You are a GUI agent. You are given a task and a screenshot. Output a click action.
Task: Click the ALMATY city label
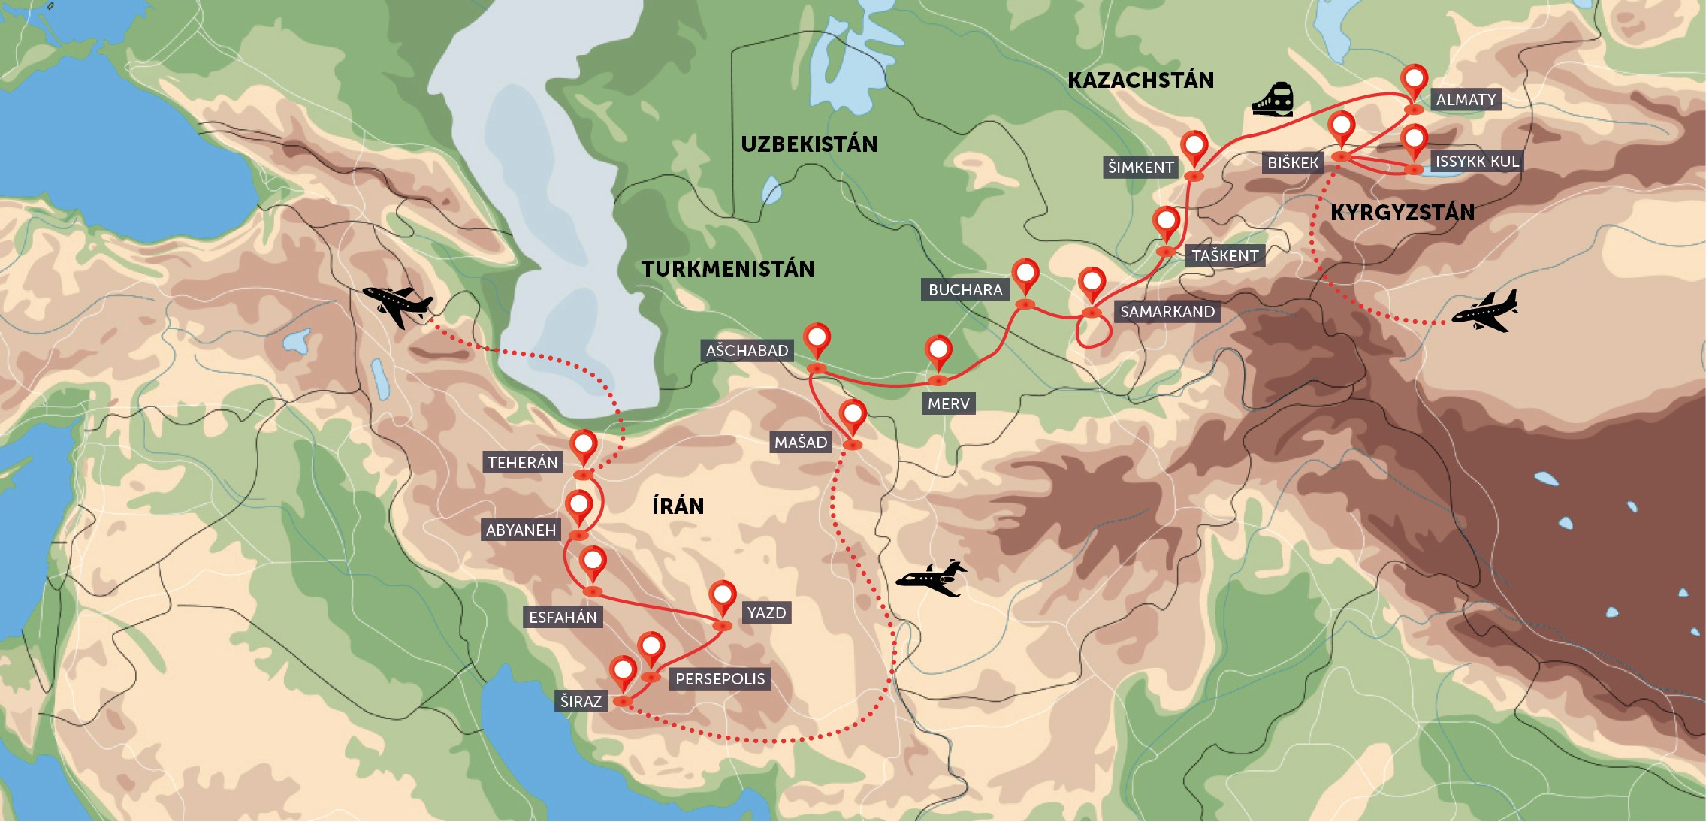tap(1465, 99)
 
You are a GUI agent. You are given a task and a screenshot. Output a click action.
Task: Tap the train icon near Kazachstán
tap(1273, 100)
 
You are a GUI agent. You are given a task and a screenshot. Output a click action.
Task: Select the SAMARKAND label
tap(1167, 311)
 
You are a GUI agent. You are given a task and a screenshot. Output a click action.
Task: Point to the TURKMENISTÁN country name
tap(727, 269)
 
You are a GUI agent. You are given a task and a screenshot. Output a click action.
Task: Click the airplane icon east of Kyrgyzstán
tap(1484, 311)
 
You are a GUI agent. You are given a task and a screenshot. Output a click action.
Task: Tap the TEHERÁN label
tap(522, 462)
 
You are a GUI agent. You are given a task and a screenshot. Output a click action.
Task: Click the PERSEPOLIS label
tap(720, 678)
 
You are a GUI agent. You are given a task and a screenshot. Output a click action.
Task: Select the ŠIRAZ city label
tap(581, 701)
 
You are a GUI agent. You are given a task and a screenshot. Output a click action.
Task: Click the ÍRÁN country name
tap(678, 506)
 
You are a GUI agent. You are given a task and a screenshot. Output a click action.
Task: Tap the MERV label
tap(948, 403)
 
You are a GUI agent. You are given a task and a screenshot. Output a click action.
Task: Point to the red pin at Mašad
tap(853, 416)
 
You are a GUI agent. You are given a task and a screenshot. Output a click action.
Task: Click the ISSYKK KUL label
tap(1476, 161)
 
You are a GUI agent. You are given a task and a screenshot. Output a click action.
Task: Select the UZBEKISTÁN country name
tap(809, 144)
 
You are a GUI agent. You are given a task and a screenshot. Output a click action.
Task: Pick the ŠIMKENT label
tap(1140, 167)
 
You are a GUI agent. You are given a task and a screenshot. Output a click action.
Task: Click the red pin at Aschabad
tap(817, 339)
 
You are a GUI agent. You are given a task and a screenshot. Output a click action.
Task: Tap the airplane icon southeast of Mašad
tap(932, 578)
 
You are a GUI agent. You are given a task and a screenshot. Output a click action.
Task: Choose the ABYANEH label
tap(521, 530)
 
